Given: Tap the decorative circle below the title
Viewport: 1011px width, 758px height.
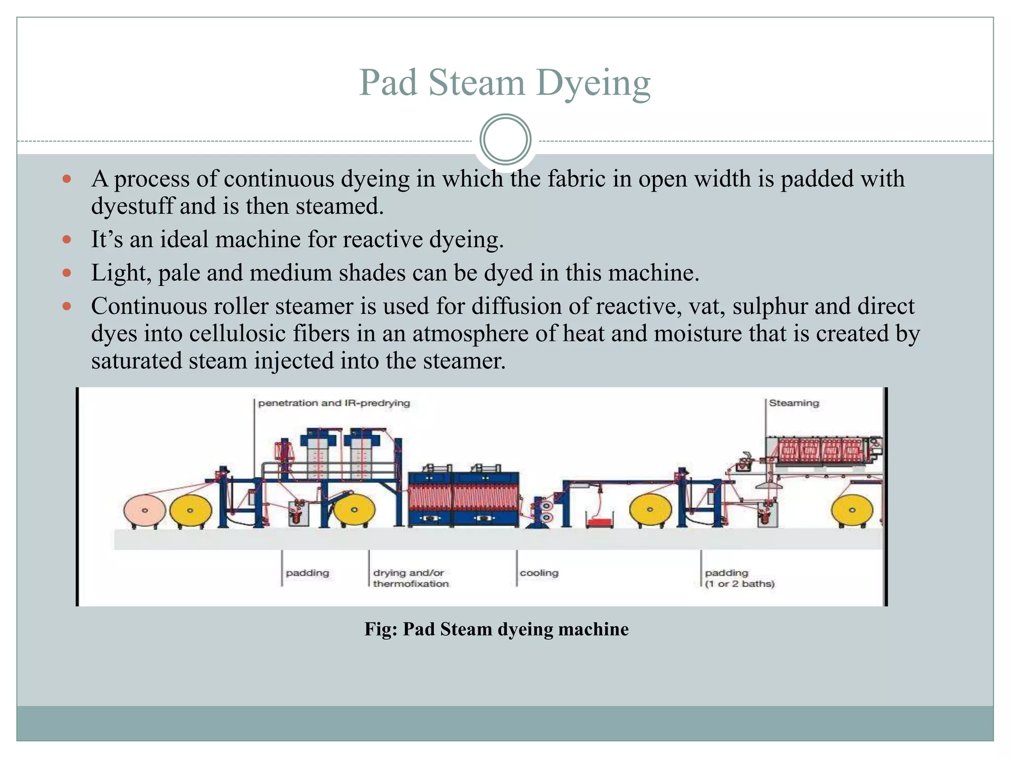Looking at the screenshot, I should (505, 140).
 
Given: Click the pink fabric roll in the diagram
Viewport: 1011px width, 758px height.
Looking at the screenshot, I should (145, 511).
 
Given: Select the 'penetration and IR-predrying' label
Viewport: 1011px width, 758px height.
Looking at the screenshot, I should (334, 403).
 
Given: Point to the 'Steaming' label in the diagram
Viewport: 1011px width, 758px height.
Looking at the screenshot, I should (794, 403).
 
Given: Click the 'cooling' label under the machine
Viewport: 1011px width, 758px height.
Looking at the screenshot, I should (539, 573).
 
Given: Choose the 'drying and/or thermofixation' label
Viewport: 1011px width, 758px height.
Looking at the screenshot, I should (411, 578).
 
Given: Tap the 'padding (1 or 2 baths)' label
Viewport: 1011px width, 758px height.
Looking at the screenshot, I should (739, 578).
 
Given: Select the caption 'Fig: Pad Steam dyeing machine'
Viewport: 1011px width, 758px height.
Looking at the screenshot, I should (496, 629).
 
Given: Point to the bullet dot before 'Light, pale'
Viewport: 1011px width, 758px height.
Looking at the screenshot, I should (67, 273).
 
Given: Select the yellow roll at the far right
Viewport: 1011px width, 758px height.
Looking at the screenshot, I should (852, 510).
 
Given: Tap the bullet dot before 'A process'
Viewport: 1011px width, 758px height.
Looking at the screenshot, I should (67, 179).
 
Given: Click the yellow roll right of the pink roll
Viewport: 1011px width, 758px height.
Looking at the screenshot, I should (191, 511).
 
